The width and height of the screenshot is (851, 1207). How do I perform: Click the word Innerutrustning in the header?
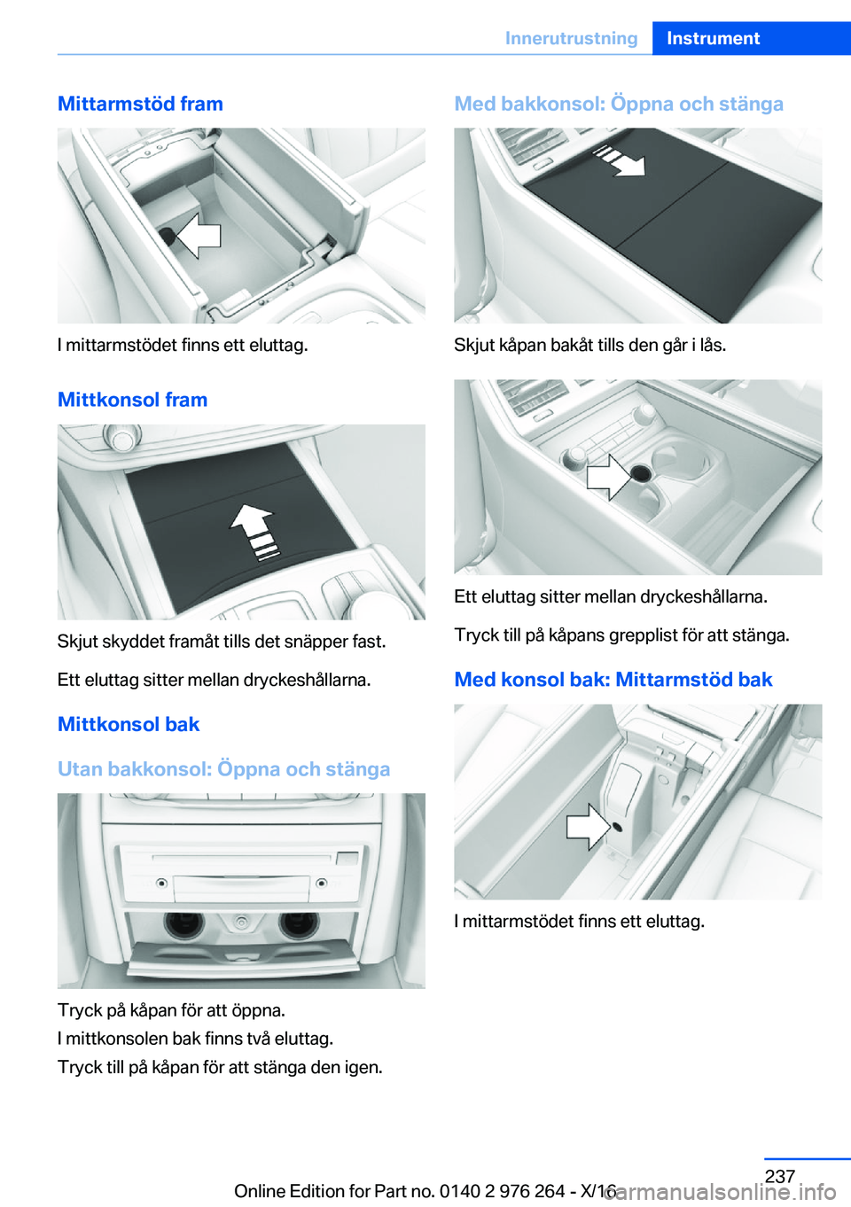pos(571,38)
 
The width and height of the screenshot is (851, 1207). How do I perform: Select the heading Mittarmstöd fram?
pos(140,104)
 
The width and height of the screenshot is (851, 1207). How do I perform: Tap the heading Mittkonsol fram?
pos(132,400)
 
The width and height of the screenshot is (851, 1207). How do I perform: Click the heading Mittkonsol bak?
pos(129,724)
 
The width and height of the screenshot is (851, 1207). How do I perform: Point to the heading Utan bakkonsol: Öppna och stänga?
pos(223,768)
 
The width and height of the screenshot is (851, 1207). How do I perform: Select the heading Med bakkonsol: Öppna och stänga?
pos(619,104)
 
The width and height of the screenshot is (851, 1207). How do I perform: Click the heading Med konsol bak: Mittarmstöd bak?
pos(613,680)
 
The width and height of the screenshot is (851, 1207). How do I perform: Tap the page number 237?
pos(779,1176)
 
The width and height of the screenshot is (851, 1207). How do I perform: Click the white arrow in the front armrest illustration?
pos(199,236)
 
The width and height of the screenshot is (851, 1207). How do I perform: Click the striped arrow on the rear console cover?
pos(621,160)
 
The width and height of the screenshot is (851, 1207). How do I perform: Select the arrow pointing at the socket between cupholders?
pos(608,476)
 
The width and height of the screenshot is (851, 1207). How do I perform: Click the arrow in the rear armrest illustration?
pos(588,827)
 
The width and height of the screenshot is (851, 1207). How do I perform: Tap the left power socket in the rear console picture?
pos(183,924)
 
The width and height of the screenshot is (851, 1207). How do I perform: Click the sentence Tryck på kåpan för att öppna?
pos(171,1010)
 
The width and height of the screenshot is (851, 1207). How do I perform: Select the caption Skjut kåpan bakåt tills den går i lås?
pos(589,345)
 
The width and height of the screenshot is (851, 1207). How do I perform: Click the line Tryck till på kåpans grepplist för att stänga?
pos(621,635)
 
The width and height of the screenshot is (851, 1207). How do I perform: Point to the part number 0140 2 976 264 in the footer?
pos(502,1191)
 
